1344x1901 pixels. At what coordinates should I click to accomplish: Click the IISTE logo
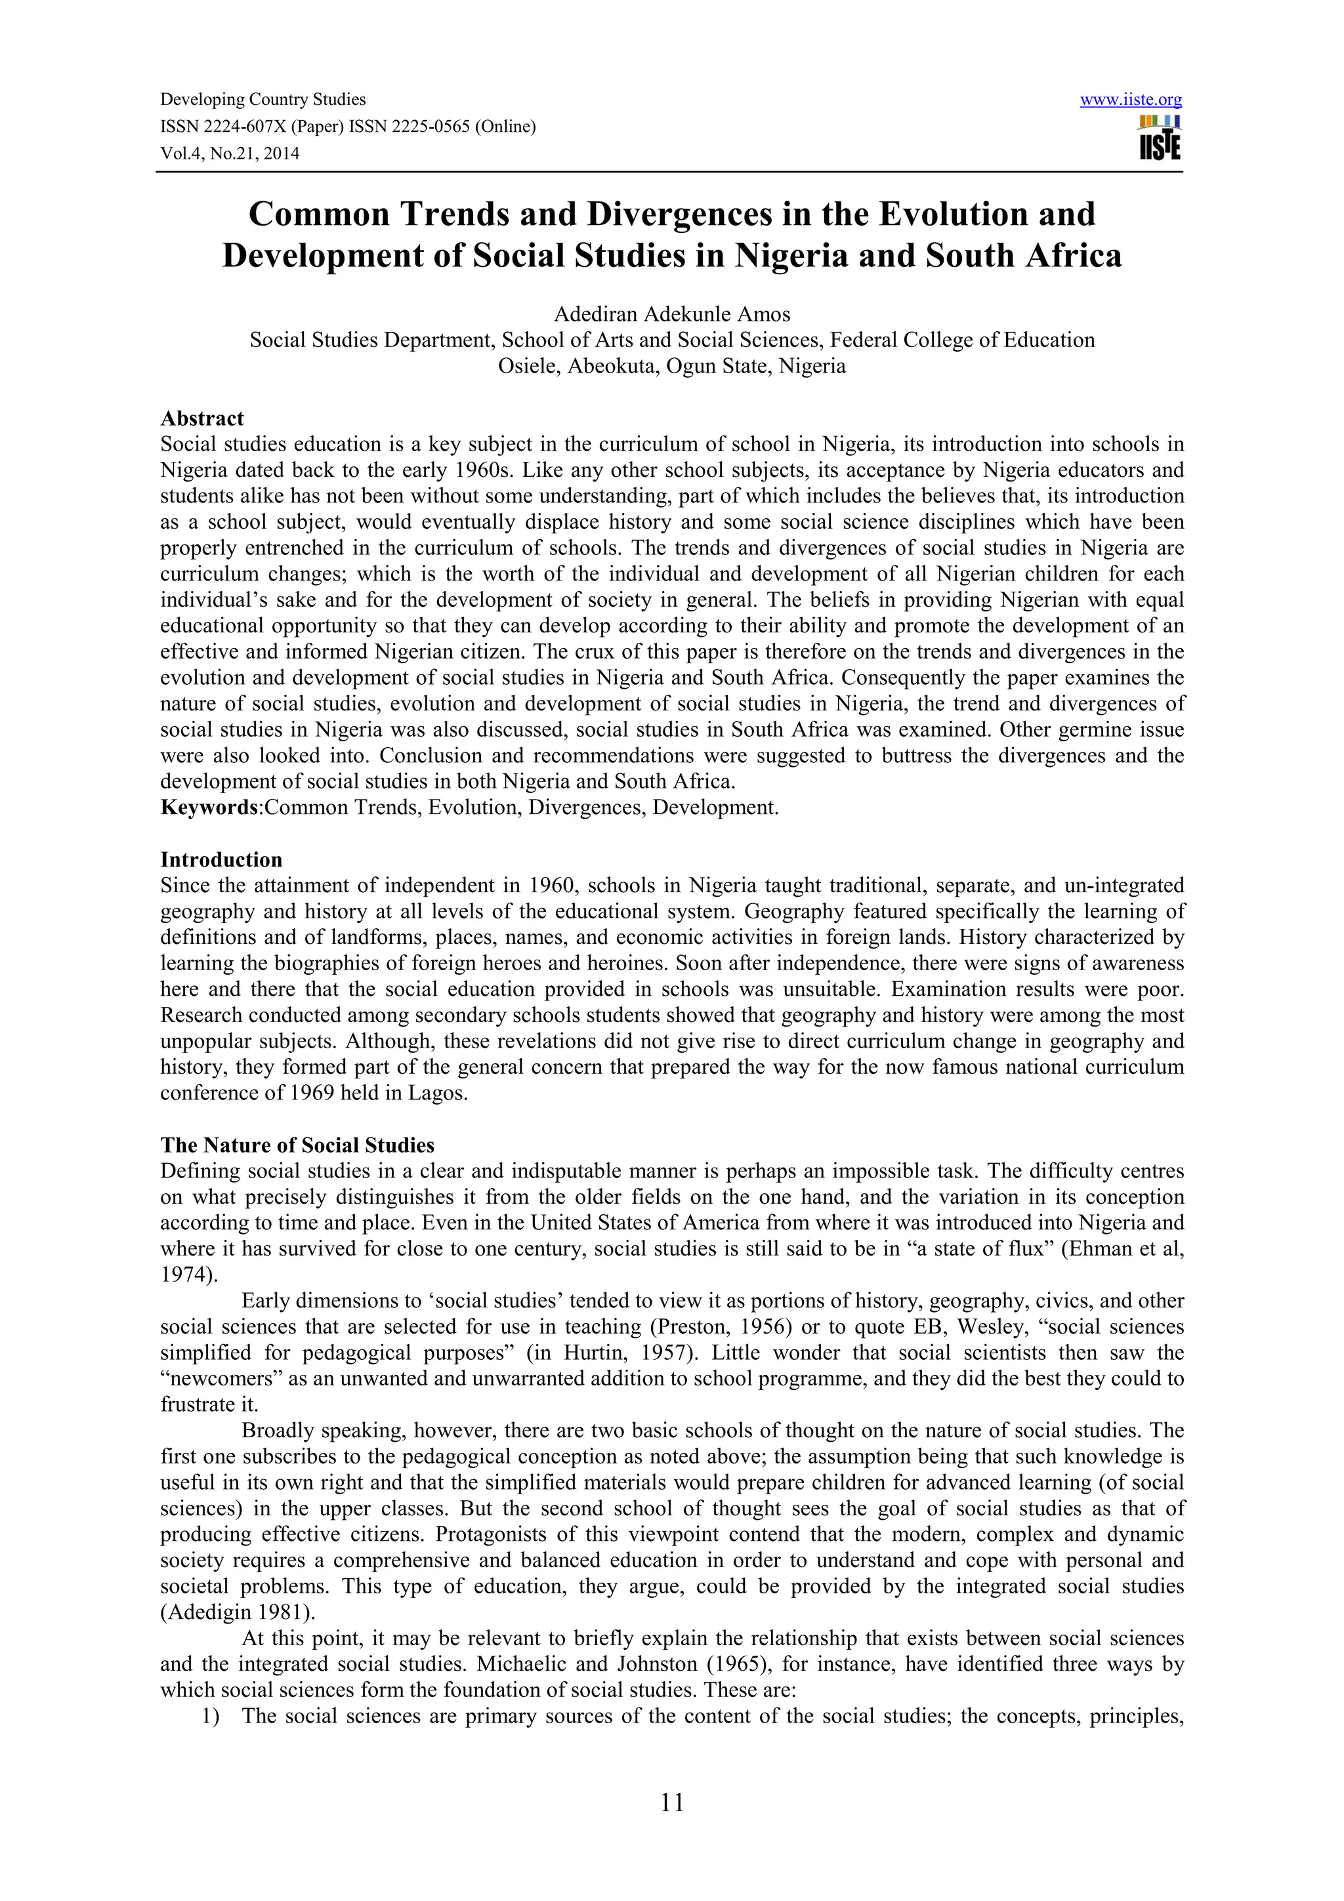tap(1160, 138)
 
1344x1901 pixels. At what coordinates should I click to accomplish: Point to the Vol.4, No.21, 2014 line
tap(230, 153)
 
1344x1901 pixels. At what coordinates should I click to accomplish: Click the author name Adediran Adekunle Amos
tap(671, 315)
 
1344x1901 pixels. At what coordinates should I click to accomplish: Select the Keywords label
tap(209, 807)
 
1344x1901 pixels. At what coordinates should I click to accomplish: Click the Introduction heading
tap(221, 859)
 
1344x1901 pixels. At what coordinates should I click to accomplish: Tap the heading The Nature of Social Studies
tap(297, 1145)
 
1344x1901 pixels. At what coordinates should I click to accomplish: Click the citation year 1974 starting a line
tap(186, 1275)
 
